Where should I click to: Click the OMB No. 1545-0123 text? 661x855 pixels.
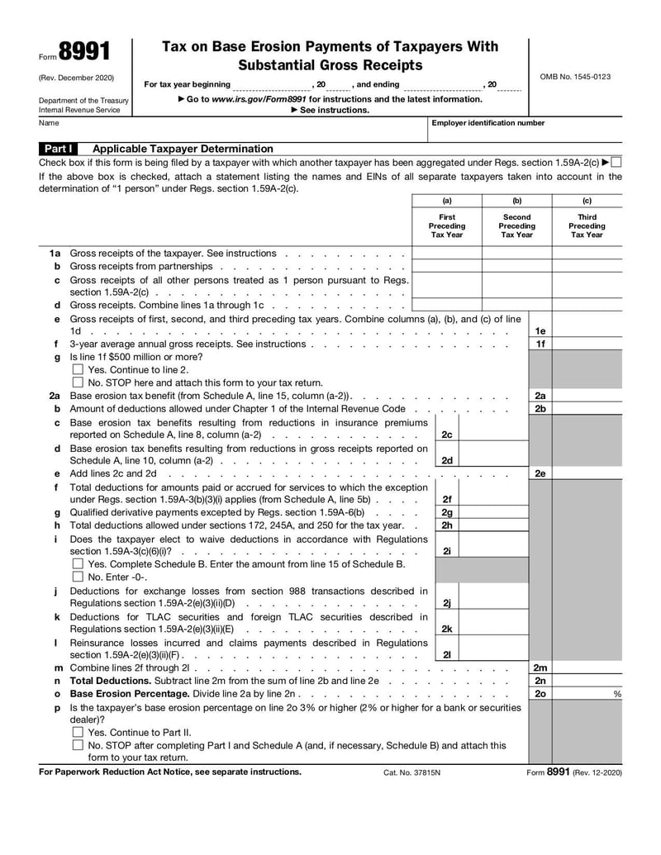[x=575, y=77]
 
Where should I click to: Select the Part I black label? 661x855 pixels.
[x=59, y=149]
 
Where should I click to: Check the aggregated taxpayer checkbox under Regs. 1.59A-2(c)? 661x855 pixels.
[x=616, y=162]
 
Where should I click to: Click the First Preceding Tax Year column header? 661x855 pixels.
[x=447, y=226]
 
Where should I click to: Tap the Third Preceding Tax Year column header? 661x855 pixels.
[x=587, y=226]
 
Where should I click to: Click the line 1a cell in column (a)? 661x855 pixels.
[x=447, y=254]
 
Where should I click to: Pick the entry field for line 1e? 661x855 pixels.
[x=587, y=331]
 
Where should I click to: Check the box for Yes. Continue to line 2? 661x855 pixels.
[x=78, y=370]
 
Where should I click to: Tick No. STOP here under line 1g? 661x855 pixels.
[x=78, y=382]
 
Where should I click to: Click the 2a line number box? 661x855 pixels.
[x=540, y=396]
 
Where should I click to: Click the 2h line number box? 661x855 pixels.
[x=446, y=525]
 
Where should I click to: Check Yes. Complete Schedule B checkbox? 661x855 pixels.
[x=78, y=564]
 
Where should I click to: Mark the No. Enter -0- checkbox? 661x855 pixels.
[x=78, y=577]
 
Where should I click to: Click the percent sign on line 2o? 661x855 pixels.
[x=616, y=695]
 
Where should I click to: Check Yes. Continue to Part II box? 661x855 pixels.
[x=78, y=733]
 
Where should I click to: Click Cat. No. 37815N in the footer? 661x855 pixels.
[x=412, y=773]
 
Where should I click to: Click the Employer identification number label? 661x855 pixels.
[x=488, y=123]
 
